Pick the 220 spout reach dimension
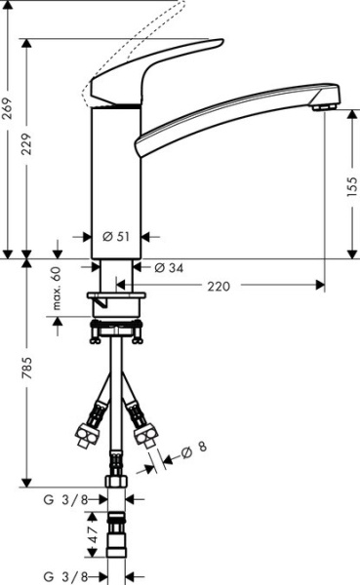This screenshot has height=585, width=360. pos(220,286)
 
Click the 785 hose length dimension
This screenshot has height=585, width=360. pos(29,370)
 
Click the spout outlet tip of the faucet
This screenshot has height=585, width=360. pos(326,102)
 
